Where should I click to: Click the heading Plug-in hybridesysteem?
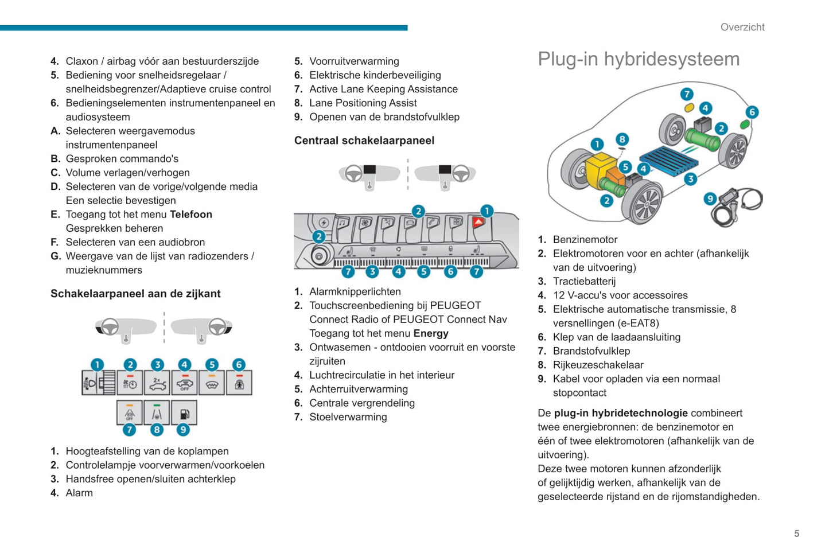[x=639, y=59]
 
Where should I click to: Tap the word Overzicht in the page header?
[x=742, y=27]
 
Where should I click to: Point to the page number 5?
[x=796, y=533]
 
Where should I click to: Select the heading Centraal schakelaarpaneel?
[x=364, y=141]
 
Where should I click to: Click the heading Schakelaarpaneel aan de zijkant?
[x=135, y=294]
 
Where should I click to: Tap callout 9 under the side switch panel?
[x=183, y=429]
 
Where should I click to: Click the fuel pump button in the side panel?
[x=184, y=413]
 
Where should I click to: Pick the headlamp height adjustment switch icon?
[x=98, y=383]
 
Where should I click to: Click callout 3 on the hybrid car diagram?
[x=690, y=179]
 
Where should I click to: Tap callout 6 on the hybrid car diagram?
[x=752, y=112]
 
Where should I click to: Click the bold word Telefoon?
[x=191, y=215]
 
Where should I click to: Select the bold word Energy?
[x=431, y=333]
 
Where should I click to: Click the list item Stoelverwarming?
[x=348, y=417]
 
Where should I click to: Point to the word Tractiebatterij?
[x=584, y=281]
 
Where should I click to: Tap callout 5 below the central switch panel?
[x=423, y=271]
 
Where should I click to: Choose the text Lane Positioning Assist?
[x=363, y=103]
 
